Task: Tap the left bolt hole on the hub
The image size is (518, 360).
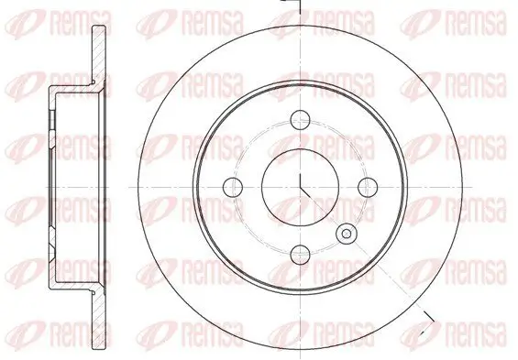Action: point(232,187)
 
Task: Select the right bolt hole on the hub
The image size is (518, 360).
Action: point(370,187)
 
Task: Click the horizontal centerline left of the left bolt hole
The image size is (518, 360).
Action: point(183,187)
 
